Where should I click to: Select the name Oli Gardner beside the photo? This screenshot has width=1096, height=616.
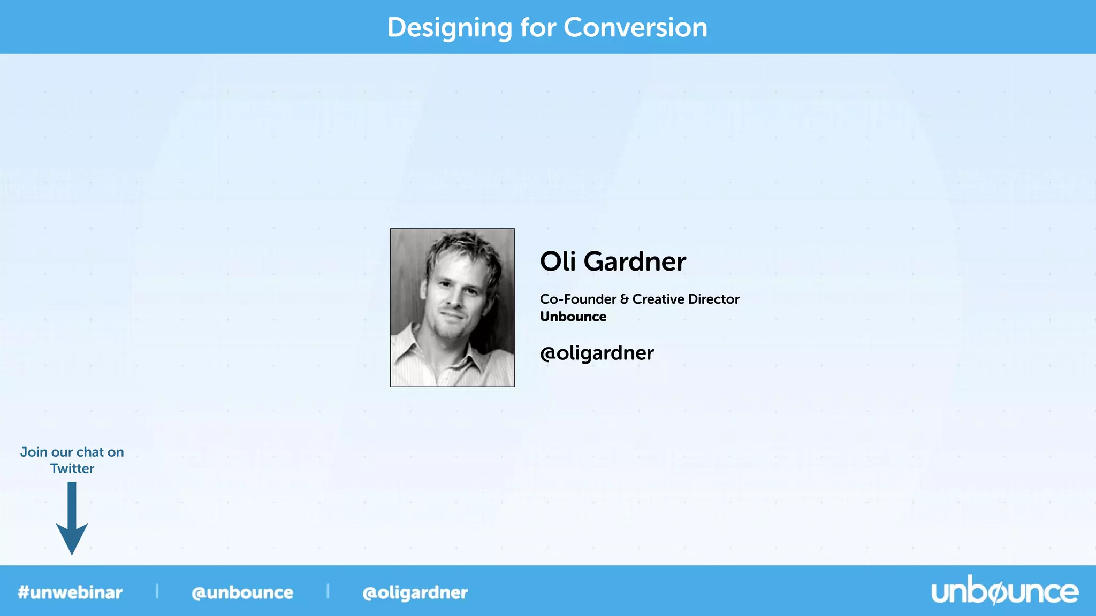tap(612, 261)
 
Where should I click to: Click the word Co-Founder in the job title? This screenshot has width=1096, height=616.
tap(578, 299)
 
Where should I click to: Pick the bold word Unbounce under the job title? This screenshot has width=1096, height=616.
tap(573, 317)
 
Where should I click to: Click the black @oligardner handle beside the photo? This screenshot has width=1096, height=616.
tap(597, 353)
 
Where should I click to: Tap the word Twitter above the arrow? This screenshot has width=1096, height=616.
tap(72, 469)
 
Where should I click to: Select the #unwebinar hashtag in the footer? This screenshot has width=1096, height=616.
tap(70, 592)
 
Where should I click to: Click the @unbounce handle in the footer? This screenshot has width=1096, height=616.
tap(242, 592)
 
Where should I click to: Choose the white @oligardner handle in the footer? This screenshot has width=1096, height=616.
tap(415, 592)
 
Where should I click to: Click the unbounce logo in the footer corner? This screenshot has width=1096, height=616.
tap(1004, 591)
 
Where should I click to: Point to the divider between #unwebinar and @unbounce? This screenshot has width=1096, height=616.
tap(157, 591)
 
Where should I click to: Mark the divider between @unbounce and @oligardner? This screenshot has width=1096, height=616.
tap(328, 591)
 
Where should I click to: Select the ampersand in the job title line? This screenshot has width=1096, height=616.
tap(624, 299)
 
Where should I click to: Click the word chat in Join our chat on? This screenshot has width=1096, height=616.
tap(90, 452)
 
